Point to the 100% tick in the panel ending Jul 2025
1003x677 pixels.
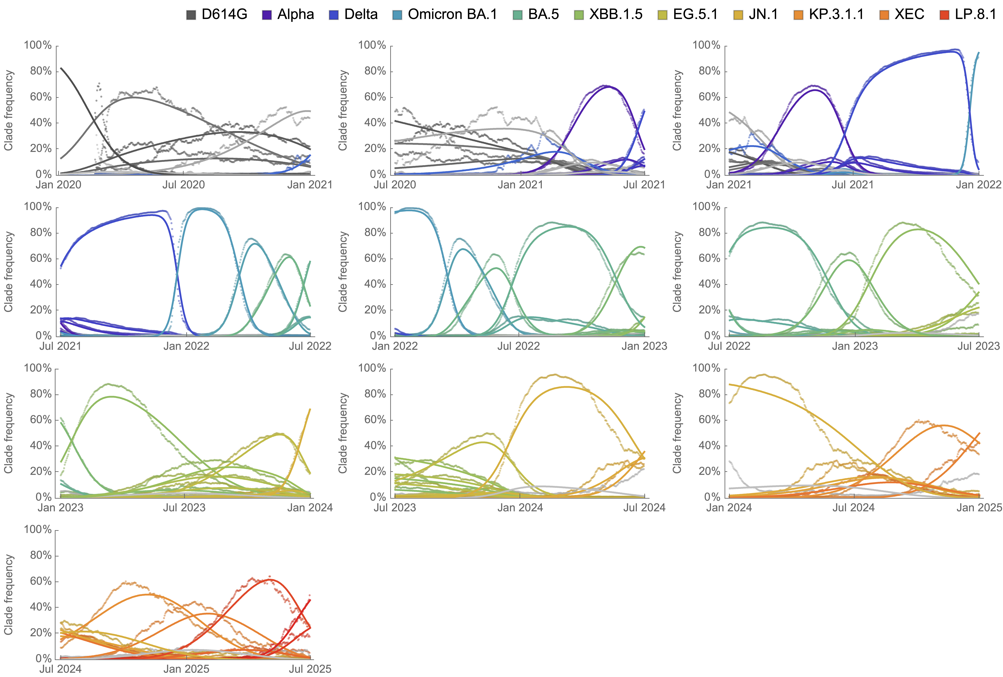[x=38, y=529]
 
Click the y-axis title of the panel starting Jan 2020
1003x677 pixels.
[x=9, y=110]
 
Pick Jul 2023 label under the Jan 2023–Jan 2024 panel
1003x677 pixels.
[x=184, y=508]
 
